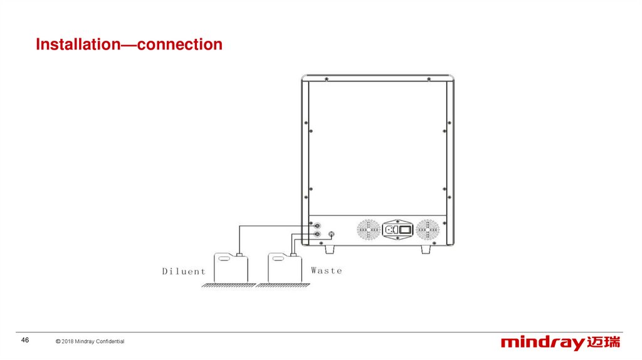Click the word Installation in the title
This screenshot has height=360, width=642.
[x=75, y=45]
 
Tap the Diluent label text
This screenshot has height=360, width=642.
[x=184, y=272]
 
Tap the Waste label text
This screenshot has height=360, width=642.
[x=327, y=270]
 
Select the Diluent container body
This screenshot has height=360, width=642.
[x=231, y=270]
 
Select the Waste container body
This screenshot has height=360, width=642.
[x=285, y=270]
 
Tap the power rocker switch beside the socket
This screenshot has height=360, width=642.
[x=405, y=230]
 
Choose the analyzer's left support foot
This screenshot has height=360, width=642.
[x=330, y=249]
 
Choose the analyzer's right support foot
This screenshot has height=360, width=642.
[x=426, y=249]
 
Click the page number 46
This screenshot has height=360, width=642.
[x=26, y=340]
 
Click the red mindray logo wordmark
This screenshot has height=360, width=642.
[x=543, y=342]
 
